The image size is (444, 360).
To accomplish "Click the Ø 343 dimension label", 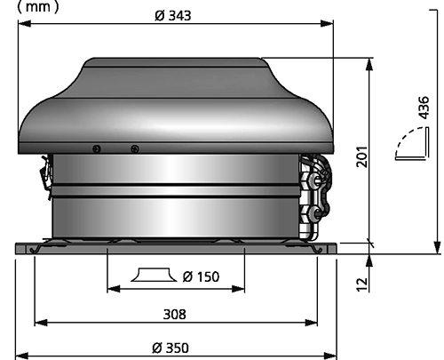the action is coord(173,15).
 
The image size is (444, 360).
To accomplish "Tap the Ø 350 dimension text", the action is coord(170,348).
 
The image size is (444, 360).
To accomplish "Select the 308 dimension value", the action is coord(175,314).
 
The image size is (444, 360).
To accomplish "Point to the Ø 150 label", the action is coord(201,276).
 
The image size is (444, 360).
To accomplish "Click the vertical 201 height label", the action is coord(362,156).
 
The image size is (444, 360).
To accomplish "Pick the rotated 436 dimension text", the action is coord(424,108).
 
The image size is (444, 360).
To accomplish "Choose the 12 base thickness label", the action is coord(362,284).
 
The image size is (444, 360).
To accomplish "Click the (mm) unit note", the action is coord(38,6).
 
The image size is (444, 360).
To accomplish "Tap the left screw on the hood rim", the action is coord(97,148).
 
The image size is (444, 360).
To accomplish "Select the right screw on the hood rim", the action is coord(135,148).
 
